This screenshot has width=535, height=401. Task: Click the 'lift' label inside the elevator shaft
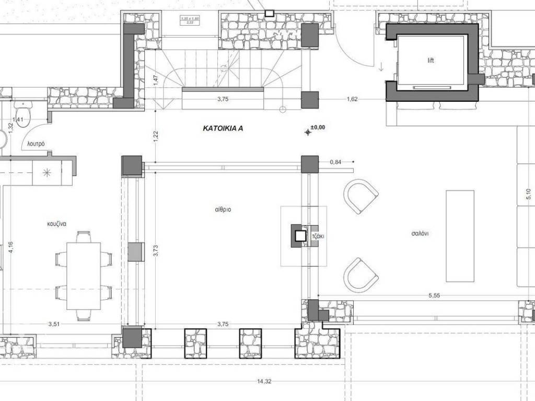pos(431,61)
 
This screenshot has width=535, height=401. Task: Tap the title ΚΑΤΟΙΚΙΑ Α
pos(223,127)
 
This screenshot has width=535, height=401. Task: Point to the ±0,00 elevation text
pos(317,127)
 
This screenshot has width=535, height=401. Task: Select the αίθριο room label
pos(223,209)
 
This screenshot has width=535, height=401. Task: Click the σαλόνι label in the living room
pos(420,234)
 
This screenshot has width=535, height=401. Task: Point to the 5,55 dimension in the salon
pos(434,296)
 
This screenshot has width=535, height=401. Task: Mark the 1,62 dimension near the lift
pos(352,99)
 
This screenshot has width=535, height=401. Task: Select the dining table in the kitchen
pos(84,276)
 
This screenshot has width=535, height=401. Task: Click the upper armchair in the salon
pos(360,196)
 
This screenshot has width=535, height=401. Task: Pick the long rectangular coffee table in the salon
pos(460,235)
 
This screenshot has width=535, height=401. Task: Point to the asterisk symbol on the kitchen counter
pos(46,172)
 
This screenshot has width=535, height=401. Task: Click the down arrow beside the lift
pos(381,67)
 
